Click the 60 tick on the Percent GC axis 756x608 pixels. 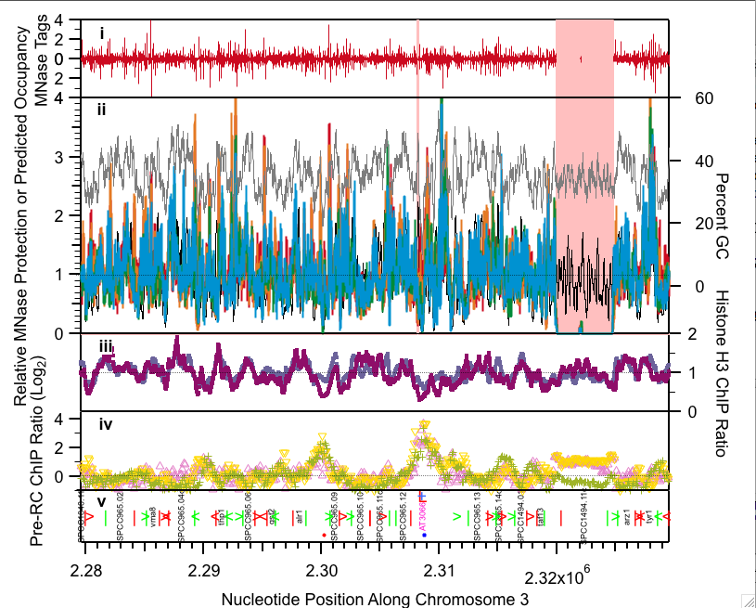[704, 98]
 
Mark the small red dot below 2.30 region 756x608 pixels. [323, 535]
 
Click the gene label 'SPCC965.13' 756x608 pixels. [477, 522]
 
